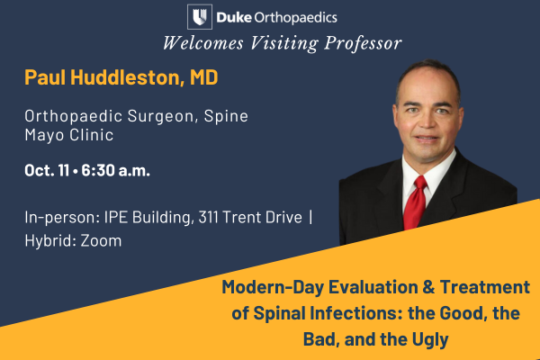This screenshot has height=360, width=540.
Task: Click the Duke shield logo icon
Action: coord(200,17)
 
